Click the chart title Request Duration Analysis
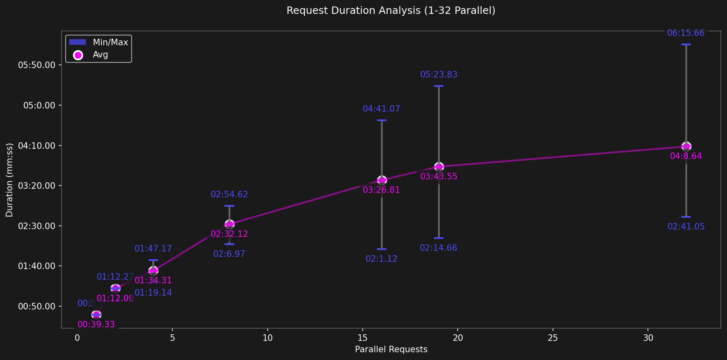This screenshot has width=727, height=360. click(391, 11)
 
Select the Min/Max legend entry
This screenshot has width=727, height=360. click(110, 42)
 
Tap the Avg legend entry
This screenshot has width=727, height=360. click(100, 55)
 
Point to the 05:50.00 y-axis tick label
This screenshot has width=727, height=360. click(37, 65)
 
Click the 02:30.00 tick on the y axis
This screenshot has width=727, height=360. click(37, 226)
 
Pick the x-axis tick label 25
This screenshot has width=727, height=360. click(553, 338)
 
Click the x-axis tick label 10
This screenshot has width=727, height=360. click(267, 338)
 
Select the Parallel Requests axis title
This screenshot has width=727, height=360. click(391, 349)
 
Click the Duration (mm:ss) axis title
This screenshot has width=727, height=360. click(9, 180)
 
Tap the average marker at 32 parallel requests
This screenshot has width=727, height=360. click(686, 146)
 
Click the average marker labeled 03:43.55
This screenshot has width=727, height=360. click(439, 166)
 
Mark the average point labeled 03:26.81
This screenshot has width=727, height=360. click(382, 180)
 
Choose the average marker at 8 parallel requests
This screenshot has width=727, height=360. click(229, 224)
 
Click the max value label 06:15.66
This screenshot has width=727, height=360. click(685, 33)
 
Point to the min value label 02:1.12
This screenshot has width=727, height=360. click(381, 259)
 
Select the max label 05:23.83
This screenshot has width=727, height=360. click(438, 75)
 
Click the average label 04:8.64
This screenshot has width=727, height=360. click(686, 156)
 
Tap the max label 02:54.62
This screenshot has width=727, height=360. click(229, 194)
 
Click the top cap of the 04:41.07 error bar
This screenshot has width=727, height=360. click(382, 120)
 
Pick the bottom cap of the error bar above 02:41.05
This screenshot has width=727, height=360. click(686, 216)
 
